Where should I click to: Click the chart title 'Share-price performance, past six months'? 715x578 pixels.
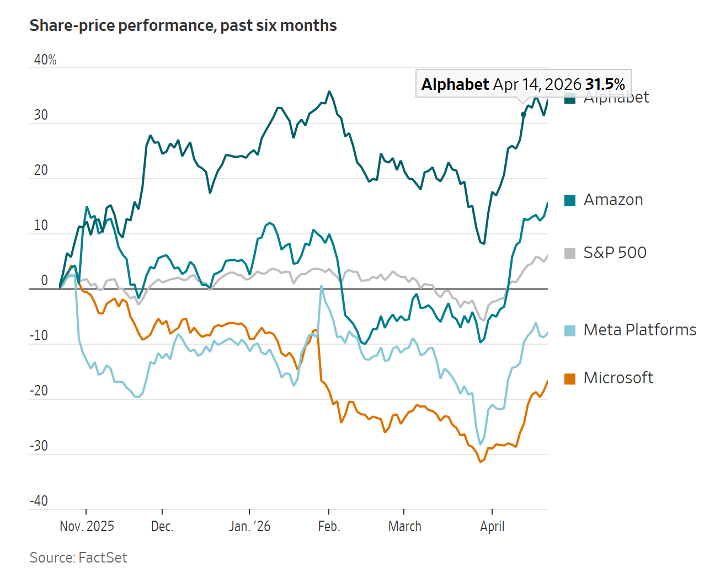pyautogui.click(x=183, y=26)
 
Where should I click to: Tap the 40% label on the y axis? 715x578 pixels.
pyautogui.click(x=45, y=60)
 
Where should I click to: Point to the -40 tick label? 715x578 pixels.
pyautogui.click(x=39, y=501)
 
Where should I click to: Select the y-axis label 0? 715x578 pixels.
pyautogui.click(x=45, y=281)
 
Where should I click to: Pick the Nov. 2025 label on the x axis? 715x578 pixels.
pyautogui.click(x=87, y=526)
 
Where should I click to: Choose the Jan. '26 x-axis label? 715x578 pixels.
pyautogui.click(x=249, y=526)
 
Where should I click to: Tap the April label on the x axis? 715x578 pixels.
pyautogui.click(x=492, y=526)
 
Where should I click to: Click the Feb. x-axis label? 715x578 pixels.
pyautogui.click(x=329, y=526)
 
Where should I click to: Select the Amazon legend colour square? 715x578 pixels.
pyautogui.click(x=570, y=201)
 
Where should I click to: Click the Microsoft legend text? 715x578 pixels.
pyautogui.click(x=618, y=378)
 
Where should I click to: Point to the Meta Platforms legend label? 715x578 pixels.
pyautogui.click(x=639, y=330)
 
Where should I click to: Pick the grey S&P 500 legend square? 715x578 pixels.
pyautogui.click(x=570, y=254)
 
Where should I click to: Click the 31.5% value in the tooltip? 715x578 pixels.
pyautogui.click(x=605, y=84)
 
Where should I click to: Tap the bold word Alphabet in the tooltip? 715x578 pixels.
pyautogui.click(x=455, y=84)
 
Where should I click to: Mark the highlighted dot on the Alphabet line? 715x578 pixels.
pyautogui.click(x=524, y=115)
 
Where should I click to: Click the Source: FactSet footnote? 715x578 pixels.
pyautogui.click(x=78, y=558)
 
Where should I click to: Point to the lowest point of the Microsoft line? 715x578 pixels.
pyautogui.click(x=481, y=462)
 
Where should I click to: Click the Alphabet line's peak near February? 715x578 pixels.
pyautogui.click(x=329, y=92)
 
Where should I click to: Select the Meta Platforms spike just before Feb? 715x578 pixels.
pyautogui.click(x=321, y=286)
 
